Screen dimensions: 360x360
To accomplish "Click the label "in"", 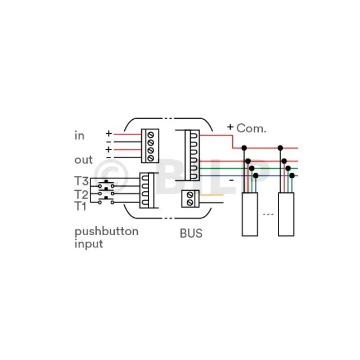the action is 79,136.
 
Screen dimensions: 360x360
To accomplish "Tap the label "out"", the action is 83,160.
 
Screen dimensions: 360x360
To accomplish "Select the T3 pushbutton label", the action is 81,181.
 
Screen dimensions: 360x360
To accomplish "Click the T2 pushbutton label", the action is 81,194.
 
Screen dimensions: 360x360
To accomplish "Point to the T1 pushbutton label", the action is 80,206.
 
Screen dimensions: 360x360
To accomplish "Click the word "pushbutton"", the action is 106,232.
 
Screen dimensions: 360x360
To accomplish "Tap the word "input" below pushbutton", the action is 89,244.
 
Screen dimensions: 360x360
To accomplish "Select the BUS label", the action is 191,233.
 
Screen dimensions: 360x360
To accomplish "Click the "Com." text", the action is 251,128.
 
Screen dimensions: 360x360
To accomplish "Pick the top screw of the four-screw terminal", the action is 151,135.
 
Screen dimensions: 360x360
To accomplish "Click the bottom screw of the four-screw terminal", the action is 151,158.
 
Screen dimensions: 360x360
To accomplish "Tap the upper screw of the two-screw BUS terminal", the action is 190,195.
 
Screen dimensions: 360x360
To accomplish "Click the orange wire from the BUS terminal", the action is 211,195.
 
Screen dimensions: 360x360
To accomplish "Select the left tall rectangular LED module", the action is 250,214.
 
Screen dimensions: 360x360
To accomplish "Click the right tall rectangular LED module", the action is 286,214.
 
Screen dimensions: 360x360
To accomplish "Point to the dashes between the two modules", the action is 268,214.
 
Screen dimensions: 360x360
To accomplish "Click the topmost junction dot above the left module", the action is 244,148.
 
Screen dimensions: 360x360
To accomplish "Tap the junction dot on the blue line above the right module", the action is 292,175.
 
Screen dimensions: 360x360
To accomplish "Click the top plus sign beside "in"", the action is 109,133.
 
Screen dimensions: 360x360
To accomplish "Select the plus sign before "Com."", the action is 230,127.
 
